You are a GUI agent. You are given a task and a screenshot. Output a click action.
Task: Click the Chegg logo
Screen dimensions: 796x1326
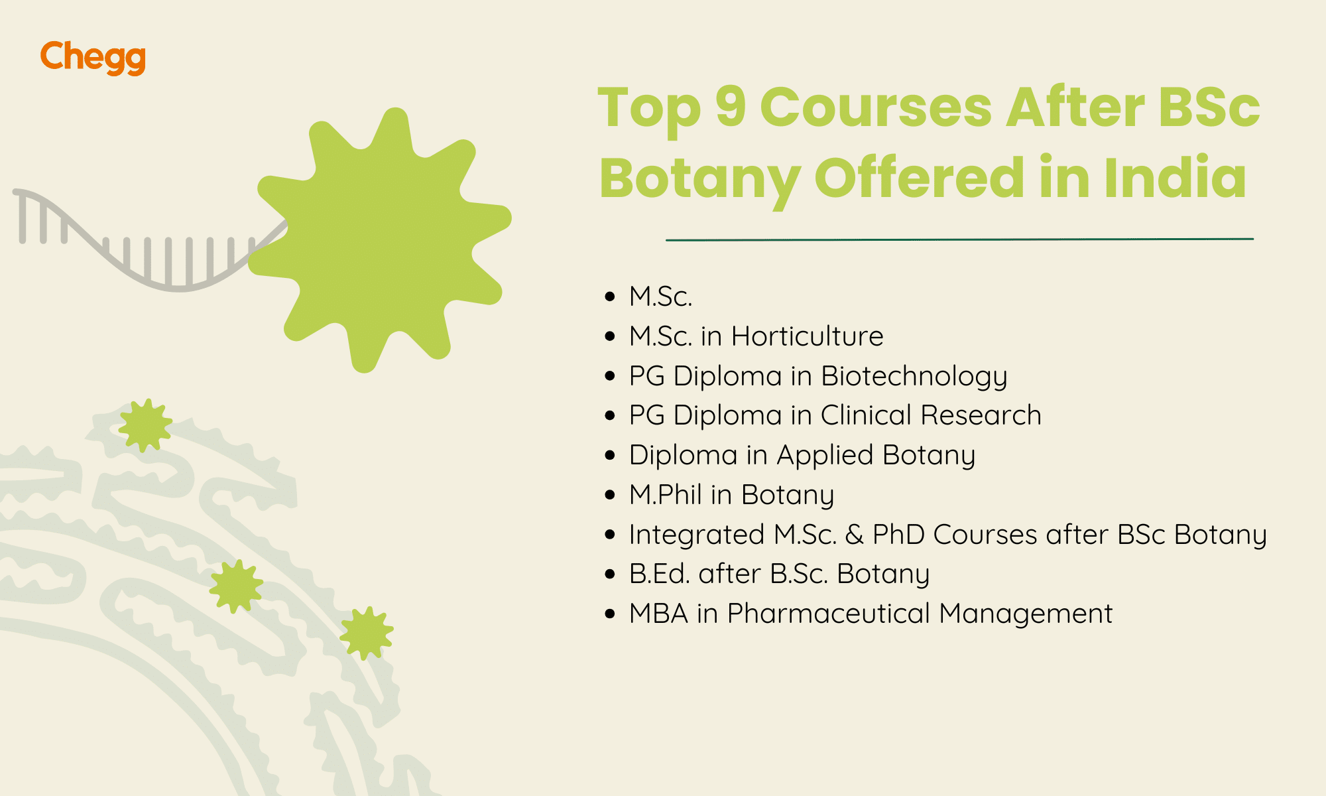pos(93,57)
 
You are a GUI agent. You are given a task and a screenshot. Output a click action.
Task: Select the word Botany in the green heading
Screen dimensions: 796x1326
pos(699,179)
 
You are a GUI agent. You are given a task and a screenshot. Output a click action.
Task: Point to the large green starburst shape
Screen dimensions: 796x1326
pos(381,239)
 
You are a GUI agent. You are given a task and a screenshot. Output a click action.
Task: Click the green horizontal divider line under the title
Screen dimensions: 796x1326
pos(959,239)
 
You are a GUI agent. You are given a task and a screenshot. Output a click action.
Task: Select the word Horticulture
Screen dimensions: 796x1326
pos(807,336)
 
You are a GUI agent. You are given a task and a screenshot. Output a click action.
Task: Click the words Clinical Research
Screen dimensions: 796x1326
pos(931,415)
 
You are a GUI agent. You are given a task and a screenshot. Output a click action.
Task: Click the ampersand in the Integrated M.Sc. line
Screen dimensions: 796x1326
pos(855,535)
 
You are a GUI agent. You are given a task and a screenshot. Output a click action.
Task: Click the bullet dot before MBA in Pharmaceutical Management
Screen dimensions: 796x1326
pos(610,614)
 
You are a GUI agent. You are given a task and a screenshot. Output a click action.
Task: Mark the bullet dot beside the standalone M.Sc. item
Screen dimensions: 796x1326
pos(610,297)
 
